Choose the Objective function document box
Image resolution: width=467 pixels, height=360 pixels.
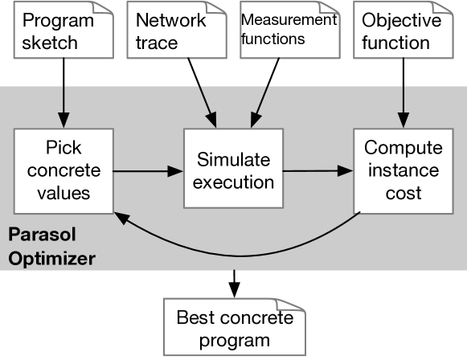pos(402,31)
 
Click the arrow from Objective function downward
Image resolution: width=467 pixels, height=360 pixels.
pos(402,90)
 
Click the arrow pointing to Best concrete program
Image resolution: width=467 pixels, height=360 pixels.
pos(234,281)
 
